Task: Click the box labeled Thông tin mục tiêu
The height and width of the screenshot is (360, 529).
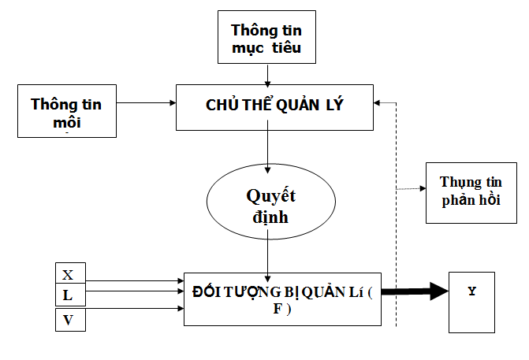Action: (x=266, y=38)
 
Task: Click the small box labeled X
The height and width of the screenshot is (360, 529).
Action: (x=68, y=275)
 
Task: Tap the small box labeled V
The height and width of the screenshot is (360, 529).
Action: (x=68, y=320)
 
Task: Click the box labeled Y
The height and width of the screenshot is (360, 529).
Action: (x=471, y=302)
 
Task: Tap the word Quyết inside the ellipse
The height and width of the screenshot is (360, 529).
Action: (x=266, y=195)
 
